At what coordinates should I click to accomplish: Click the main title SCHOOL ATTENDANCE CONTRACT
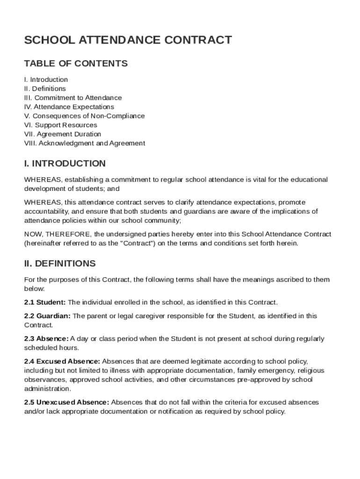[x=128, y=40]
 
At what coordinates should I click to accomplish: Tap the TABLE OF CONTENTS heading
[x=76, y=63]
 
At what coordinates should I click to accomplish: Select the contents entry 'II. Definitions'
[x=45, y=88]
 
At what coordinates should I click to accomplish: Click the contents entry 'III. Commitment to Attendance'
[x=73, y=98]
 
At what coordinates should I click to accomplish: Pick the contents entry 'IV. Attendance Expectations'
[x=69, y=107]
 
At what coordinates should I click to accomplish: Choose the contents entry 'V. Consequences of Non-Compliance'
[x=84, y=116]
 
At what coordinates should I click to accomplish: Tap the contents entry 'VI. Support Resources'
[x=61, y=125]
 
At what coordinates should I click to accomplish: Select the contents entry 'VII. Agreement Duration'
[x=63, y=134]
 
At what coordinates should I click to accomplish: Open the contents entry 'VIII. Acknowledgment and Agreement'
[x=85, y=143]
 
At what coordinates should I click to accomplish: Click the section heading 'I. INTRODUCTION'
[x=65, y=164]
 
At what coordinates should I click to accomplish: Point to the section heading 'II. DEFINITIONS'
[x=60, y=264]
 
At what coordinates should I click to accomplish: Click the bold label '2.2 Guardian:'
[x=47, y=316]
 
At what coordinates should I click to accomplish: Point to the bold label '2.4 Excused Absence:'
[x=62, y=362]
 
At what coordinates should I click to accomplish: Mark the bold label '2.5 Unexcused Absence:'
[x=66, y=402]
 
